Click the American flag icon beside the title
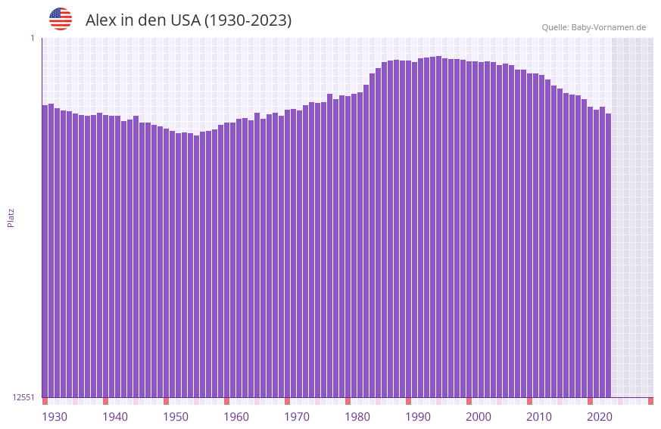pos(61,19)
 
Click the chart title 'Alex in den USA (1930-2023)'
pos(189,20)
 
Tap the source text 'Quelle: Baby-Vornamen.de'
pos(594,27)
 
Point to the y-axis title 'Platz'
pos(11,217)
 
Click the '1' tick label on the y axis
pos(32,38)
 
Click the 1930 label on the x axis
pos(55,417)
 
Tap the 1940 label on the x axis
pos(115,417)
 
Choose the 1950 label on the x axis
pos(176,417)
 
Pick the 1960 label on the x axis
pos(236,417)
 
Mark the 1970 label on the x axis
pos(297,417)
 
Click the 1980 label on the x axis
pos(357,417)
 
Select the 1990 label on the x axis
pos(418,417)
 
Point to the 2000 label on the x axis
pos(479,417)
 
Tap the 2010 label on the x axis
pos(539,417)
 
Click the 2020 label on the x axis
pos(600,417)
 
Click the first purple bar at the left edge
pos(45,250)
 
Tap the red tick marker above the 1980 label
pos(348,401)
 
